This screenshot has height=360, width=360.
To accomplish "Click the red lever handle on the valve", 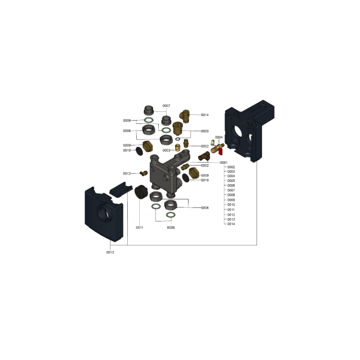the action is tap(220, 151).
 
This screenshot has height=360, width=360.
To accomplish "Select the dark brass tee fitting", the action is tap(204, 156).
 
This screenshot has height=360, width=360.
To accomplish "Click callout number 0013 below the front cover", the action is tap(110, 252).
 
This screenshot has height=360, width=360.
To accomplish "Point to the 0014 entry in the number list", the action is tap(231, 224).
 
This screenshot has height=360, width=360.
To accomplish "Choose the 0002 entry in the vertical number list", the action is tap(231, 167).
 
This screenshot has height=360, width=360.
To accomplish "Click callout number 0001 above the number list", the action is tap(224, 162).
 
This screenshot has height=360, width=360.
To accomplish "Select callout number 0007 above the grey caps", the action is tap(166, 106).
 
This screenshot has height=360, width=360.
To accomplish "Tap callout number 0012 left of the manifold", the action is tap(127, 174).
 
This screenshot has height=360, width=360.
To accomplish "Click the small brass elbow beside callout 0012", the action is tap(144, 173).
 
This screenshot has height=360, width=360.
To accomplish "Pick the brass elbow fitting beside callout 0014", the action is tap(184, 116).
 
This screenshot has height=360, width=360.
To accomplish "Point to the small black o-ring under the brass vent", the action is tap(177, 139).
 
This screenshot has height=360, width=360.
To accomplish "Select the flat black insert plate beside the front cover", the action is tap(121, 189).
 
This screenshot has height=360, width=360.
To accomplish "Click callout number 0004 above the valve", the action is tap(219, 137).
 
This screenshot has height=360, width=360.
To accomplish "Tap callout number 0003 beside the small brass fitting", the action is tap(166, 150).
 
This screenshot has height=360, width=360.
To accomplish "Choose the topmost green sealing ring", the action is tap(148, 120).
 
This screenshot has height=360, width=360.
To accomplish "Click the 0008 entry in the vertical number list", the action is tap(231, 195).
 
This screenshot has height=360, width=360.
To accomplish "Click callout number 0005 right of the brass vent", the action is tap(205, 131).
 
